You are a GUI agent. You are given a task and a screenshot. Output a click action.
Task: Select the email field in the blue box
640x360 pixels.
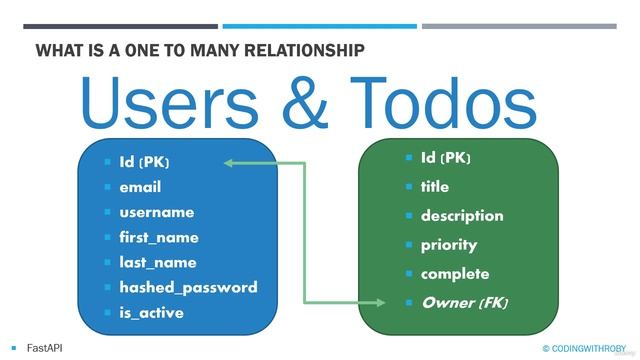pos(140,187)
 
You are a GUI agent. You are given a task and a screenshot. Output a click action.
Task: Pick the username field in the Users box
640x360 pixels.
pos(156,212)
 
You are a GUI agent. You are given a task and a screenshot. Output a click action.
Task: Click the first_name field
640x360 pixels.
pos(159,237)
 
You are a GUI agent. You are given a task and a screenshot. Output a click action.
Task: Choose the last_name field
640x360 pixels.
pos(158,262)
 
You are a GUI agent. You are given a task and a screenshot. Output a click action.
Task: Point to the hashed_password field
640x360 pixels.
pos(188,287)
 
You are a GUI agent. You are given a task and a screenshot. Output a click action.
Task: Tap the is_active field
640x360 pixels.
pos(151,312)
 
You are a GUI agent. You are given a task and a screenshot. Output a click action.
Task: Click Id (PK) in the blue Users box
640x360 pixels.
pos(144,161)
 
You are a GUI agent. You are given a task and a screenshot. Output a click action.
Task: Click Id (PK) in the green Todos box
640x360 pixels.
pos(445,158)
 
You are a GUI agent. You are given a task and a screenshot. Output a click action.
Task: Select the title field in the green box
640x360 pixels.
pos(435,187)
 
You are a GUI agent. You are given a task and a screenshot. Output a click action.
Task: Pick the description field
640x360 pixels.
pos(462,216)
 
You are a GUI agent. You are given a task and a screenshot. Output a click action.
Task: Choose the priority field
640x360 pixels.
pos(449,245)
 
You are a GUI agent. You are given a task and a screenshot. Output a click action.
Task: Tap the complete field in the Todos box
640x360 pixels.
pos(455,274)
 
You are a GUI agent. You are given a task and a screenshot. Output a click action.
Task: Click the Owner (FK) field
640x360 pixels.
pos(465,302)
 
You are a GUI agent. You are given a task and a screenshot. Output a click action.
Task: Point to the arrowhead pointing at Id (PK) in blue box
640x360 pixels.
pos(229,161)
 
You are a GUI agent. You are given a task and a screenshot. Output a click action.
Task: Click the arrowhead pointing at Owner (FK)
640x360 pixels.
pos(379,302)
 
